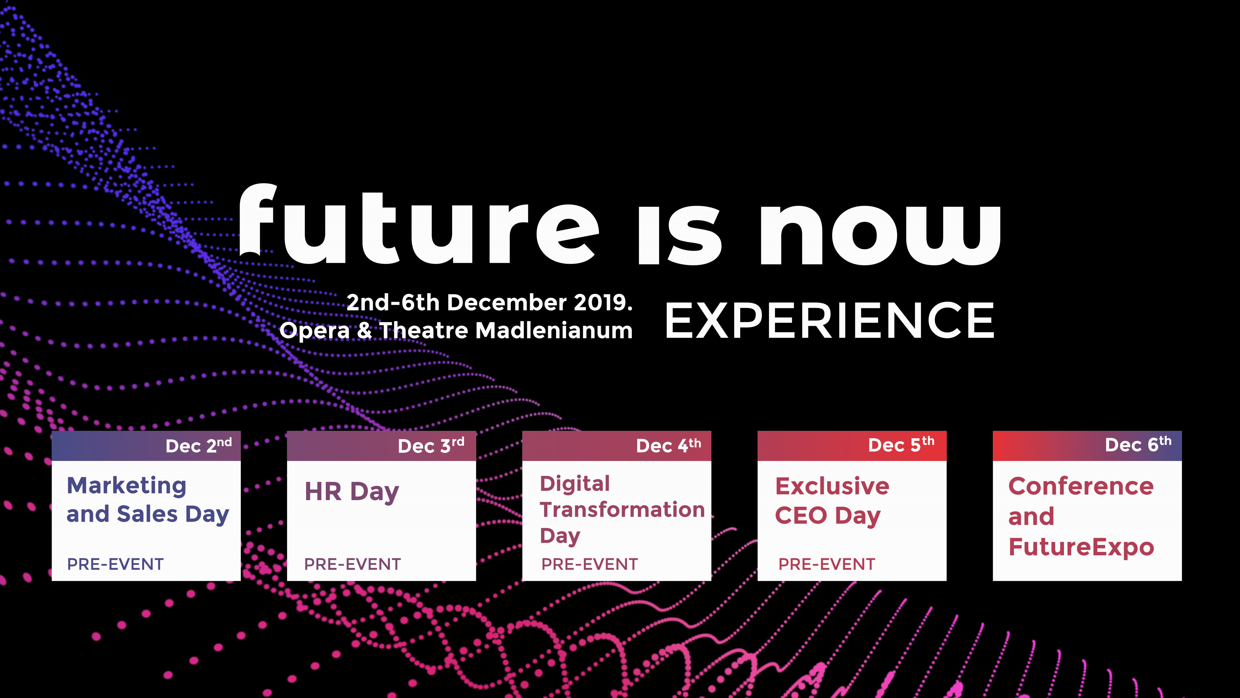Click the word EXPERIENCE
[830, 321]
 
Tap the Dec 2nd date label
[199, 445]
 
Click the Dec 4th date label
[669, 445]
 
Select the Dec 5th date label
[901, 444]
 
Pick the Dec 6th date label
[1138, 444]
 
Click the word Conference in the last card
[1081, 486]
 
